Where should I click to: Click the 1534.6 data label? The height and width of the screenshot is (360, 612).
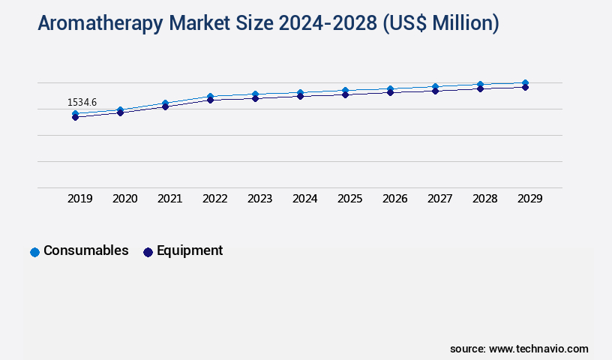[82, 102]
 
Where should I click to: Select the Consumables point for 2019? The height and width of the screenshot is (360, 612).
[75, 114]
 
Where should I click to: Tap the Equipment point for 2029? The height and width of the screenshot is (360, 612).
[525, 87]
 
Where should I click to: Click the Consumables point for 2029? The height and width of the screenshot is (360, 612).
[525, 82]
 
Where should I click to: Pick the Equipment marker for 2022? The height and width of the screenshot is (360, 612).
[210, 100]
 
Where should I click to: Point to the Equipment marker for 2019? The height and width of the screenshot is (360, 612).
[75, 118]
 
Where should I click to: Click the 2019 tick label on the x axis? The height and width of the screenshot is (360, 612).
[80, 199]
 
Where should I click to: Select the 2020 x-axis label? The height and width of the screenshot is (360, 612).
[125, 199]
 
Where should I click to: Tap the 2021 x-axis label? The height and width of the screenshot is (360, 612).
[170, 199]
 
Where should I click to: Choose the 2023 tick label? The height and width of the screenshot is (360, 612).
[260, 199]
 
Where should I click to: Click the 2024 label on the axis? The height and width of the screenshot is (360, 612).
[305, 199]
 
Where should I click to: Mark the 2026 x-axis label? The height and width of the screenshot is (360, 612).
[395, 199]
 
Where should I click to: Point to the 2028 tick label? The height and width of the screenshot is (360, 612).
[485, 199]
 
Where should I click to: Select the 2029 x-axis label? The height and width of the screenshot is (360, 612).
[530, 199]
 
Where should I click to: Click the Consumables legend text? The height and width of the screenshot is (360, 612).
[86, 250]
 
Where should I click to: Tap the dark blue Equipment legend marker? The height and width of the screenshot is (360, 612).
[148, 252]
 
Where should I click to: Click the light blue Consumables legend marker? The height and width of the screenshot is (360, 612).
[34, 252]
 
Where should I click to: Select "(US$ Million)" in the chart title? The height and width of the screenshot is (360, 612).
[440, 24]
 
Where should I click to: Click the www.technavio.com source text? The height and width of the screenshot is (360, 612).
[538, 349]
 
